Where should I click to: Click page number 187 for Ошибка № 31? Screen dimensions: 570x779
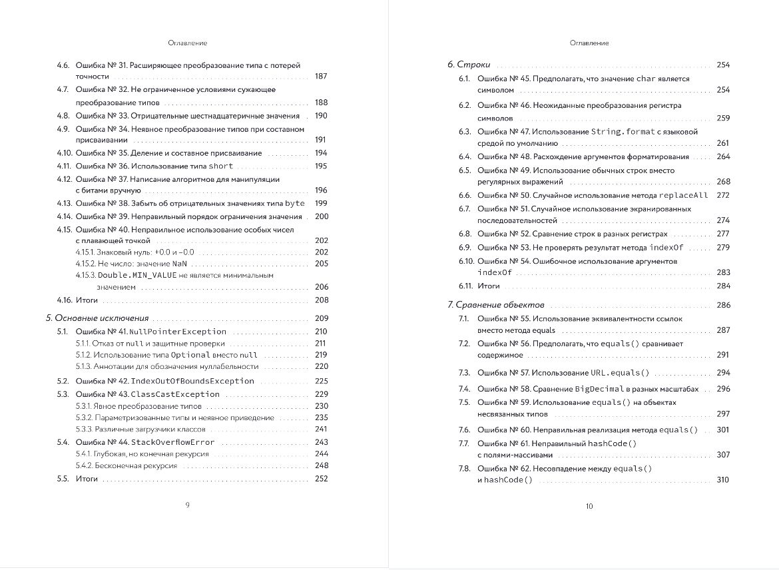[321, 77]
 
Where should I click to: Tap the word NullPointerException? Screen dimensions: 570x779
[178, 331]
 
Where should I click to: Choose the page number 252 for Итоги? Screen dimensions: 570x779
[321, 479]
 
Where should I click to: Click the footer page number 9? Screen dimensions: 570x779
[187, 505]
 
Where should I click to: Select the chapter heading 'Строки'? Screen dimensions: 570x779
[469, 65]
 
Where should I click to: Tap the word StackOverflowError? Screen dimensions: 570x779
[172, 442]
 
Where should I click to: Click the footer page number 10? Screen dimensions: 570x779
[589, 507]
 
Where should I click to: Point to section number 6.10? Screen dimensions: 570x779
[465, 261]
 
